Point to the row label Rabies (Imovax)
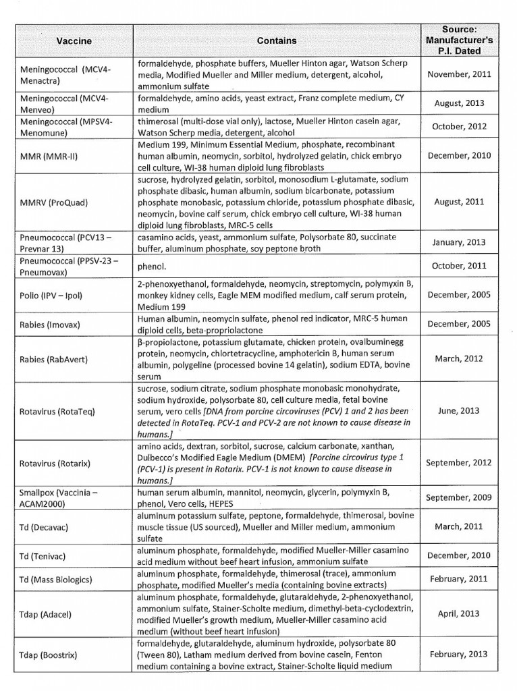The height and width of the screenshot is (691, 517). tap(49, 324)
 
